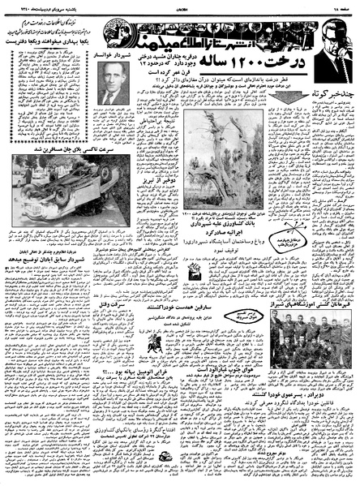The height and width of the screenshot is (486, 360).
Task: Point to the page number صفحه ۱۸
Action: pos(341,6)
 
